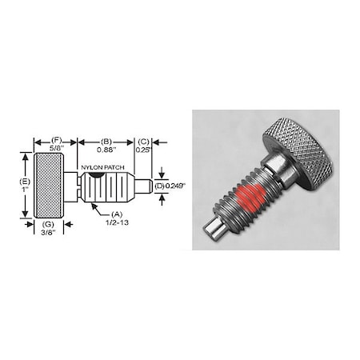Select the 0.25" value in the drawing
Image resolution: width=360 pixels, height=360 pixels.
click(142, 147)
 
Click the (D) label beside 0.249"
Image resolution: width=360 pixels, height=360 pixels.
click(159, 186)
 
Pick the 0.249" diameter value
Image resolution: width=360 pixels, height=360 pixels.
click(175, 186)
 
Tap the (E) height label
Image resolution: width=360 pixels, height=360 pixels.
click(22, 183)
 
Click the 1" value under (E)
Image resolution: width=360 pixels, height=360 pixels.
click(22, 193)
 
